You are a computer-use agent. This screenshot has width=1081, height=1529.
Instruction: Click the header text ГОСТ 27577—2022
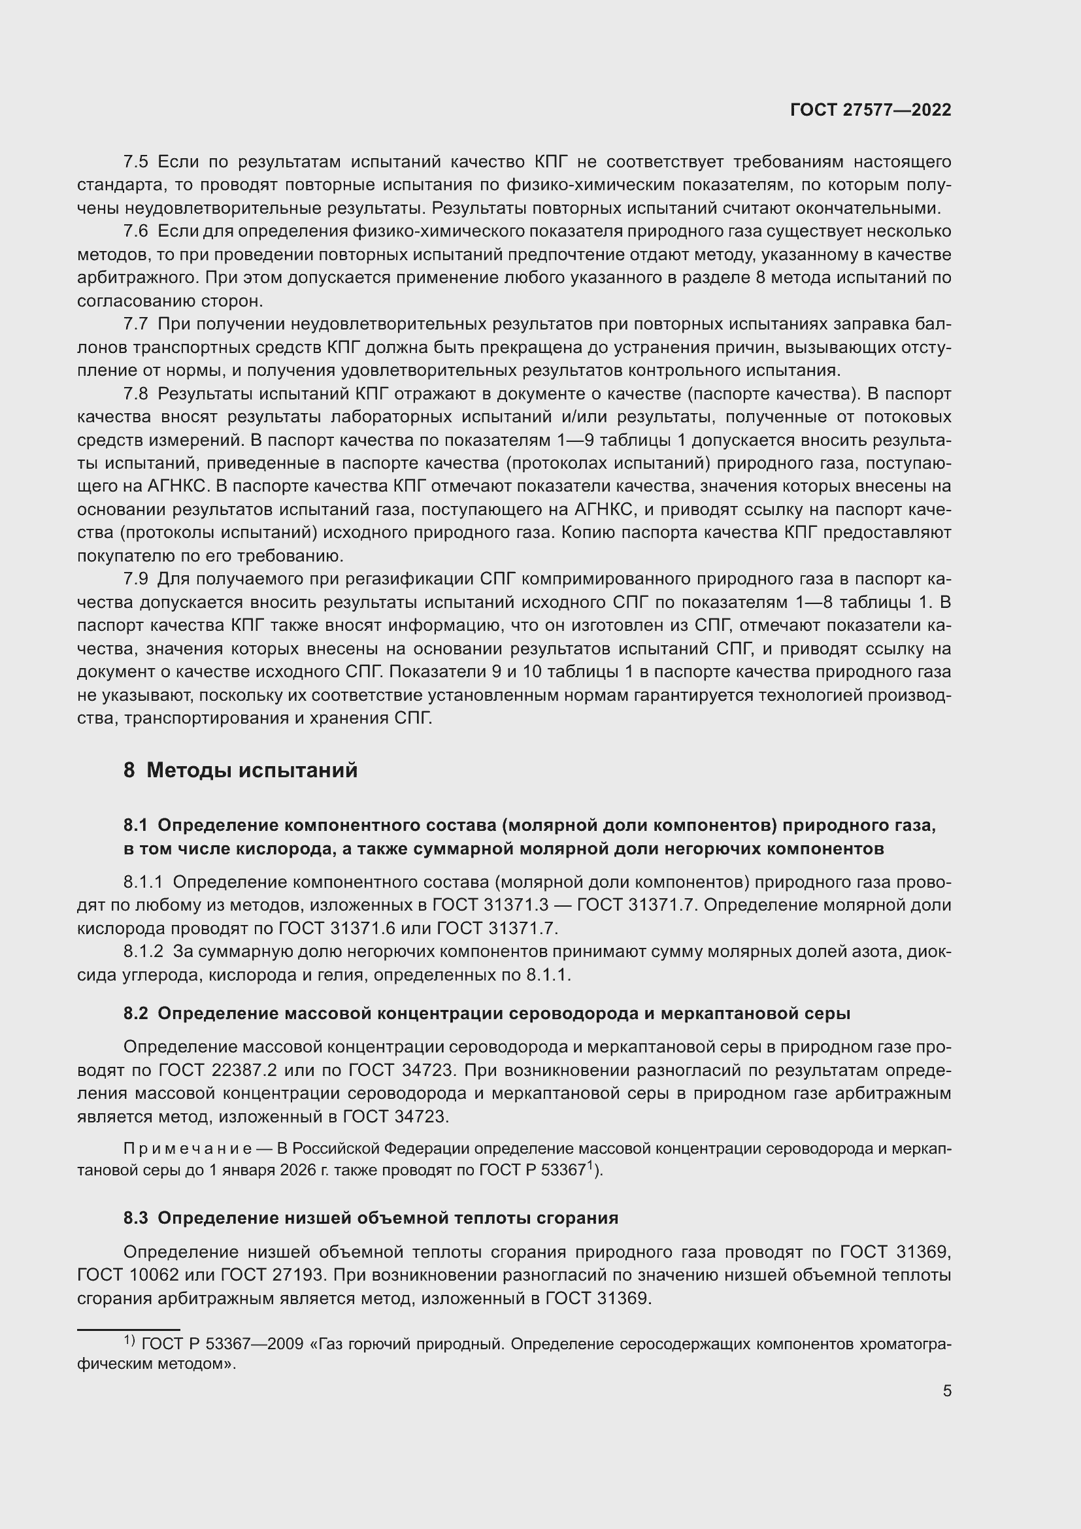coord(870,110)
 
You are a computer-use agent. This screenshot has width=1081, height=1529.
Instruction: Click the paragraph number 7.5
coord(135,162)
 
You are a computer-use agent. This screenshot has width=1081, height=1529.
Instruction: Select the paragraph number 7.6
coord(135,232)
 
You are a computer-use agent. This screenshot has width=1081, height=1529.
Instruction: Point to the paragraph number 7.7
coord(135,324)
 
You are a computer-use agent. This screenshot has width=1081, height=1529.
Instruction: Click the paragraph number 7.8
coord(135,394)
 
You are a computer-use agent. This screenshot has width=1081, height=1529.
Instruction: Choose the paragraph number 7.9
coord(135,579)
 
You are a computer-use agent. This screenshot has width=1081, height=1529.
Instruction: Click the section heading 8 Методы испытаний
coord(241,771)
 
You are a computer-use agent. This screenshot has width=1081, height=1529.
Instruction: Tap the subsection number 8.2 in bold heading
coord(135,1014)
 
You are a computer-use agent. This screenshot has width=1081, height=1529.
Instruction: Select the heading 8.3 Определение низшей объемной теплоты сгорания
coord(371,1218)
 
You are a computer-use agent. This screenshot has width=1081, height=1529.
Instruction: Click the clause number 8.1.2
coord(143,952)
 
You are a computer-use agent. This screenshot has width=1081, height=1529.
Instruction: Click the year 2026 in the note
coord(297,1170)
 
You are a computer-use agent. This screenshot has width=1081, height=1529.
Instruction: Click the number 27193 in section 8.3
coord(297,1275)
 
